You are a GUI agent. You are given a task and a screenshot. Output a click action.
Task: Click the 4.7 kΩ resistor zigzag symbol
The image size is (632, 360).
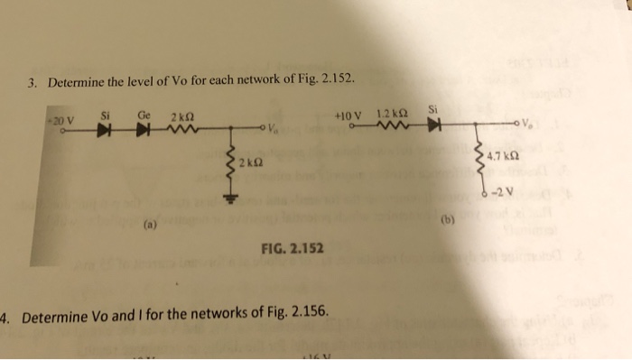479,161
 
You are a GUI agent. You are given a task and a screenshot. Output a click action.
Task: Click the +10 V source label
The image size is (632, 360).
347,115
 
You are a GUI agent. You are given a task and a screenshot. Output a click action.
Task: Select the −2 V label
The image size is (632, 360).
502,191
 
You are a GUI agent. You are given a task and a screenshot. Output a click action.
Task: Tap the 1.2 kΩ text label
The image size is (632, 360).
390,114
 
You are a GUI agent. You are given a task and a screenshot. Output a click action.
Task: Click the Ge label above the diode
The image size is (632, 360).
144,115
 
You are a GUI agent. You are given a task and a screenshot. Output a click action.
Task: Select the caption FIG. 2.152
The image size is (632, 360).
293,247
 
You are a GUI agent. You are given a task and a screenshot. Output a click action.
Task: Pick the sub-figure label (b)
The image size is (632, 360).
449,219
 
